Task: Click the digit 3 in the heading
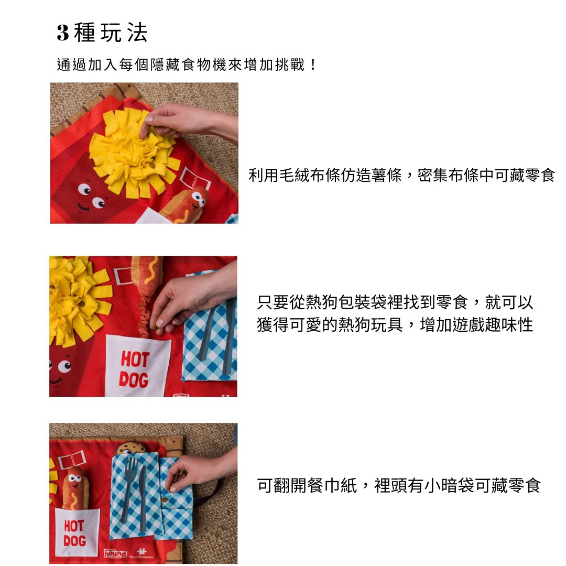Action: [x=62, y=33]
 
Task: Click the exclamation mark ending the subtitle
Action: [x=313, y=65]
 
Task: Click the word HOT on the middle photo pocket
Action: [x=135, y=360]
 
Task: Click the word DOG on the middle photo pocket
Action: [x=134, y=380]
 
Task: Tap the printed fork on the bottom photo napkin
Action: [x=129, y=487]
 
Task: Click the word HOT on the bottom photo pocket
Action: [x=74, y=526]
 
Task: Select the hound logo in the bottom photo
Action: [x=115, y=553]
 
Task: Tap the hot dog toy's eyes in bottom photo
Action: [x=75, y=478]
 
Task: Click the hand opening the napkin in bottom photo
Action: [x=200, y=471]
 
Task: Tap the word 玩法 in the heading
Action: [x=124, y=33]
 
